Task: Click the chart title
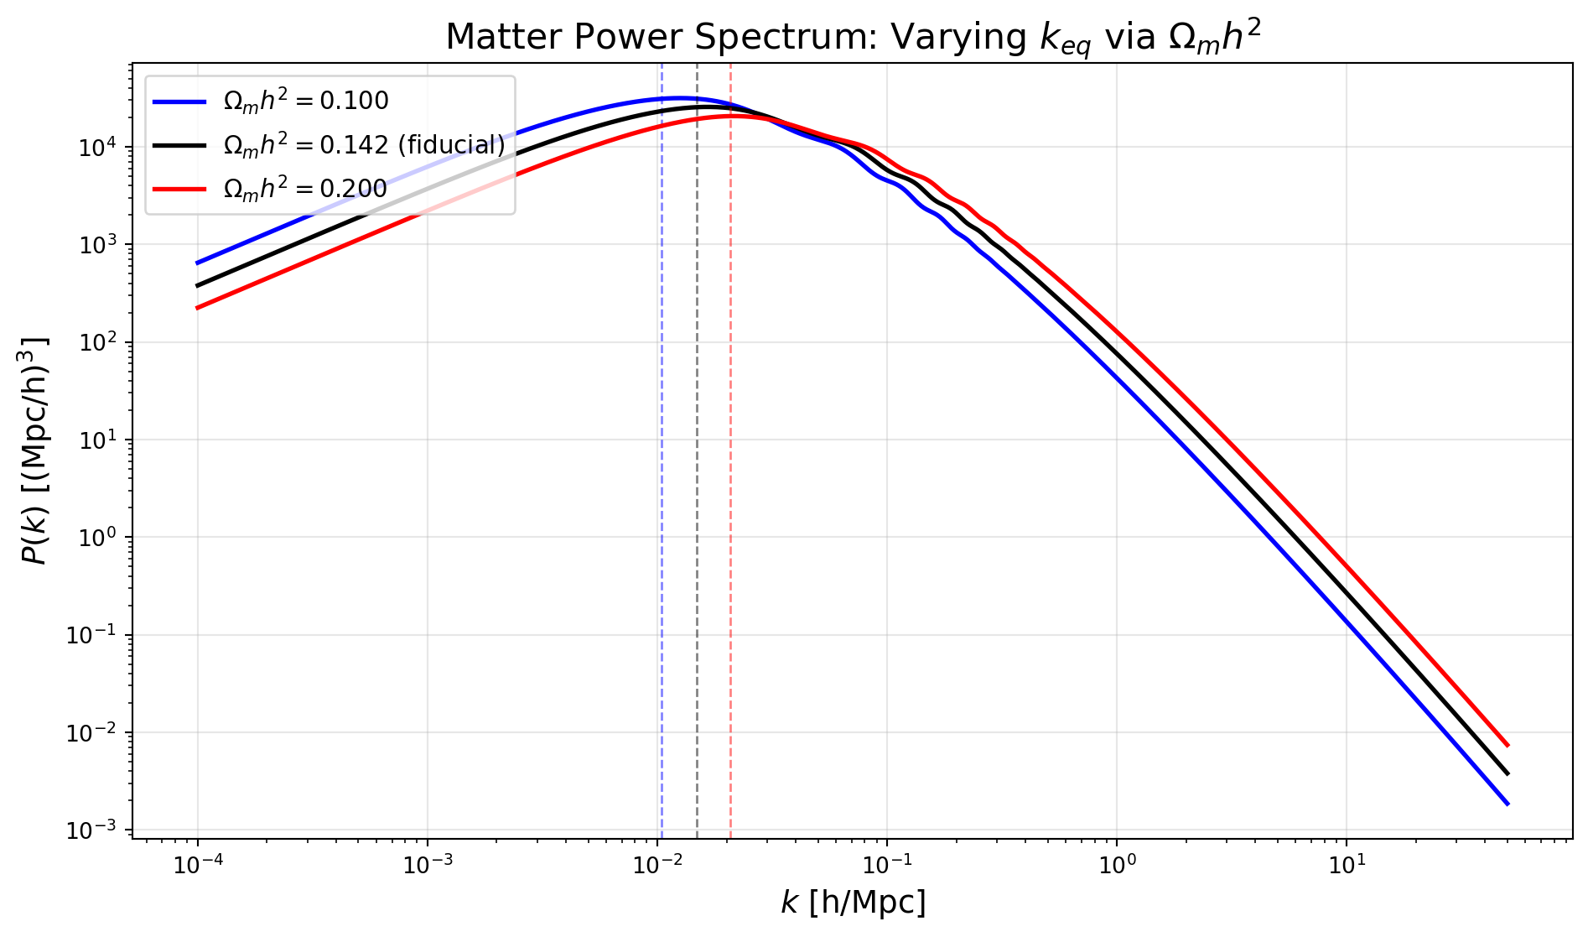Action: click(x=853, y=38)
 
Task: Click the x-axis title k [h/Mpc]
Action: click(x=853, y=903)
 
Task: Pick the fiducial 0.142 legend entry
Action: click(x=329, y=144)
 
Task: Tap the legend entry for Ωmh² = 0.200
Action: click(x=270, y=189)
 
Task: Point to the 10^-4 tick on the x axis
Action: click(x=198, y=863)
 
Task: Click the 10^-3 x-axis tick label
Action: click(x=428, y=863)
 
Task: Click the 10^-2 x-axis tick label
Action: click(x=657, y=863)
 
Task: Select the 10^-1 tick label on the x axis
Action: click(x=887, y=863)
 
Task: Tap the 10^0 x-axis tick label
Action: click(x=1117, y=863)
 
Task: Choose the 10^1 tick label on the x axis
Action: click(x=1347, y=863)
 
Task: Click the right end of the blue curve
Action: click(x=1508, y=804)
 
